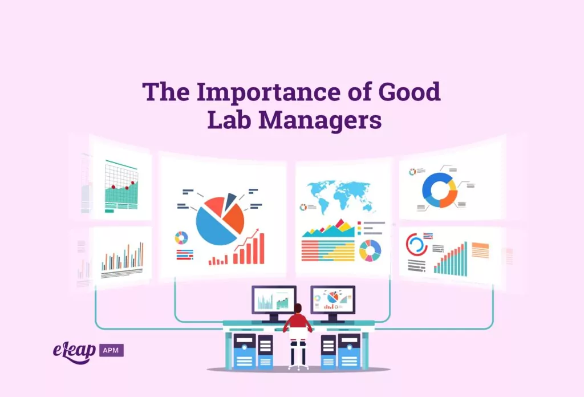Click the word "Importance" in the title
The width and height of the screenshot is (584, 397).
click(x=268, y=92)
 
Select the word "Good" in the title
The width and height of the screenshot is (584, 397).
click(x=409, y=92)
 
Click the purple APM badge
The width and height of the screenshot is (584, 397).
click(x=111, y=350)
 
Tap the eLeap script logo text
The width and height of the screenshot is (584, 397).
click(x=74, y=352)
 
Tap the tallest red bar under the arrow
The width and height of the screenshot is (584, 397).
click(x=262, y=248)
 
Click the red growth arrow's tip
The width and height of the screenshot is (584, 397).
click(x=258, y=229)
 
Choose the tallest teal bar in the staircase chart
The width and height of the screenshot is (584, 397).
click(x=465, y=259)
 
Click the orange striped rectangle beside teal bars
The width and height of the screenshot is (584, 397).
click(x=480, y=250)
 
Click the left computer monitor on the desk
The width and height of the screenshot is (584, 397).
click(x=274, y=301)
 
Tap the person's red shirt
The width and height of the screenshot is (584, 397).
click(x=298, y=321)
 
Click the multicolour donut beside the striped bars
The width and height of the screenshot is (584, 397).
click(x=370, y=250)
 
